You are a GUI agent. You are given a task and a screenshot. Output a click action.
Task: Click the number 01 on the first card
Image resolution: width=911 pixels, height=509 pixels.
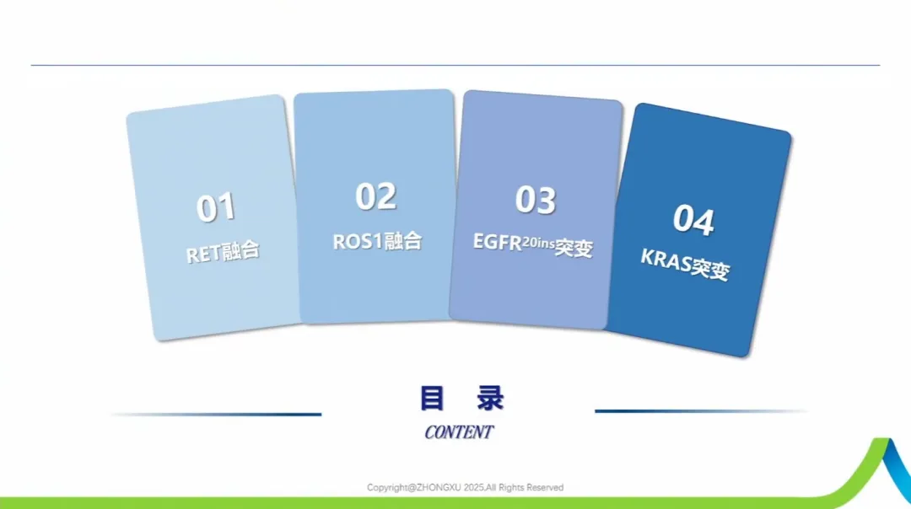coord(216,207)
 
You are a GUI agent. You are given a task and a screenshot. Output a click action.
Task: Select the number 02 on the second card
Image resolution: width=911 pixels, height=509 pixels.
coord(376,196)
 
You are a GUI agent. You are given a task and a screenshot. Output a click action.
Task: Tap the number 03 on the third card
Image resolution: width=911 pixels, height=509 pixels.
coord(536,200)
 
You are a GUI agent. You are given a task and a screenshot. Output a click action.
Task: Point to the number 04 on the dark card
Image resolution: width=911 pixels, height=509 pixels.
coord(693,220)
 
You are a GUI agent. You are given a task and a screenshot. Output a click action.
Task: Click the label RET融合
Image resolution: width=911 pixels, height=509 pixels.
coord(223,253)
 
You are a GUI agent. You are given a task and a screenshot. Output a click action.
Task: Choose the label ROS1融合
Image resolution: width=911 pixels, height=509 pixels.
coord(377,242)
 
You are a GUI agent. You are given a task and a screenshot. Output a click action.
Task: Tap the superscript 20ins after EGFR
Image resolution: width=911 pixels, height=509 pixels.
coord(538,244)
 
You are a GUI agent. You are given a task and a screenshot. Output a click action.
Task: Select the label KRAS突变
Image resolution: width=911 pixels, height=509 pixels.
coord(685,264)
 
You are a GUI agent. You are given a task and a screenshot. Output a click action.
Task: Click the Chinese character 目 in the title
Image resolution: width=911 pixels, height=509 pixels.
coord(432,399)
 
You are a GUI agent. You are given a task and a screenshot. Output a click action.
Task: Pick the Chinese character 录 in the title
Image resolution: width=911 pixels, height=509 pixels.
coord(490,399)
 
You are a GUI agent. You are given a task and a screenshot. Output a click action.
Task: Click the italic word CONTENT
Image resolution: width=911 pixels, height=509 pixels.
coord(459,432)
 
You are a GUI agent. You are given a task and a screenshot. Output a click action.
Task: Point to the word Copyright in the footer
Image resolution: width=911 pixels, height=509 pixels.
coord(387,488)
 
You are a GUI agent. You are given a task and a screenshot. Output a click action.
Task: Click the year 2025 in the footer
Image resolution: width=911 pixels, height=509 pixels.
coord(473,488)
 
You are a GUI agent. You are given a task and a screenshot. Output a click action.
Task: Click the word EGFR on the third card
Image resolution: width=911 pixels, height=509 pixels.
coord(498,242)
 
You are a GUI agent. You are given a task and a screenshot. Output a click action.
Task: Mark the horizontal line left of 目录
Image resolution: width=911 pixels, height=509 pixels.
coord(216,415)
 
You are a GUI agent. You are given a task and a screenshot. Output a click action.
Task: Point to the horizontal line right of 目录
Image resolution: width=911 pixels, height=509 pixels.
coord(701,411)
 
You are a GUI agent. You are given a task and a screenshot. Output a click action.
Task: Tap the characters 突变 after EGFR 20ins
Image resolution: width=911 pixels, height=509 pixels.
coord(574,249)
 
